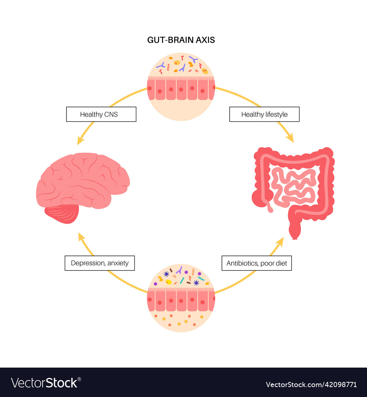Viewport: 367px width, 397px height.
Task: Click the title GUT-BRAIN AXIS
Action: click(181, 40)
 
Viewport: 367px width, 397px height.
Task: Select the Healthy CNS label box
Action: click(101, 114)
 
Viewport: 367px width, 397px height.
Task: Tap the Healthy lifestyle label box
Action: click(264, 114)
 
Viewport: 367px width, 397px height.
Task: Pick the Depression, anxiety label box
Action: click(100, 263)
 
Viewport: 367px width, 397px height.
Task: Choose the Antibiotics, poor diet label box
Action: click(256, 263)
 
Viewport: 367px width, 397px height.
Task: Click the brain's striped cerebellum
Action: click(62, 214)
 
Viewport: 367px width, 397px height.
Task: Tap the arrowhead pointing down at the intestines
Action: click(290, 138)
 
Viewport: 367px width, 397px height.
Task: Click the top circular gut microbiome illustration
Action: click(181, 86)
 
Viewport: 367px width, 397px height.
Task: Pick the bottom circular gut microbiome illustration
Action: click(181, 298)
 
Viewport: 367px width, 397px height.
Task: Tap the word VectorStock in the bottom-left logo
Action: click(44, 383)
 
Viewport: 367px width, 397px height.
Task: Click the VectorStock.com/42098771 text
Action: click(311, 385)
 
